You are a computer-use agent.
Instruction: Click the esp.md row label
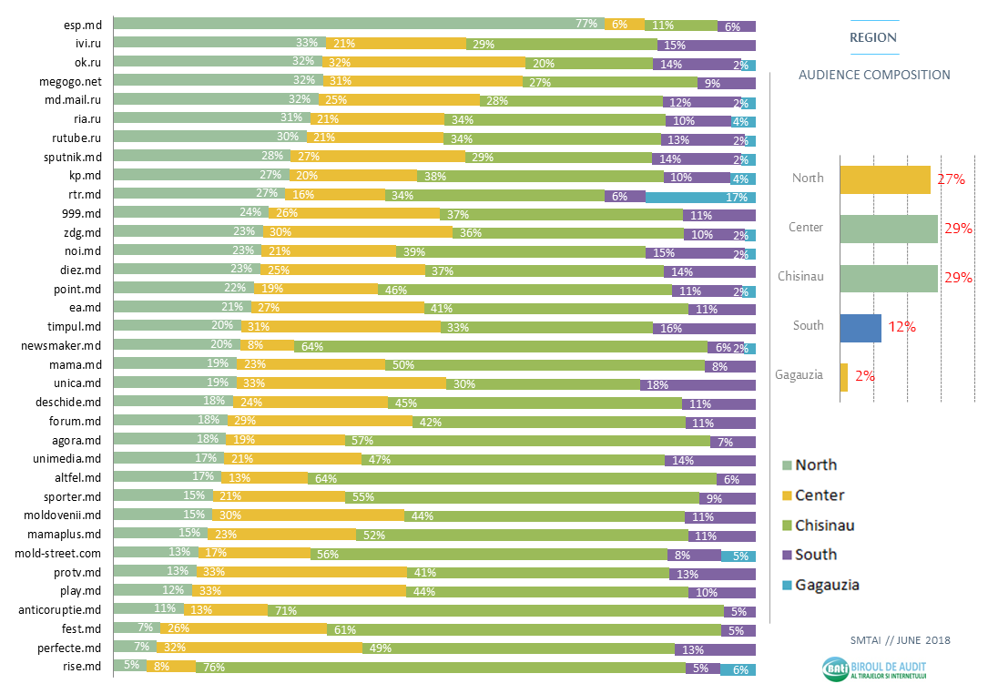(81, 26)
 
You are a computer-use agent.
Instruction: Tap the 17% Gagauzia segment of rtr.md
(700, 196)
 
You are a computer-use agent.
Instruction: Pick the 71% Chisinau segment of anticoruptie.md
(495, 611)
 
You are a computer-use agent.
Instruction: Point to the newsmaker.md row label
(61, 347)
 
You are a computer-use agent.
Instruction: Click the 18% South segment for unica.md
(698, 385)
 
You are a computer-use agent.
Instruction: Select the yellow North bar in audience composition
(884, 179)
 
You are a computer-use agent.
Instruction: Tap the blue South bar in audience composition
(861, 328)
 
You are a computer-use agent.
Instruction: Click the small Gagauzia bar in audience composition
(844, 377)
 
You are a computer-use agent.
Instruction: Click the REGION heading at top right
(872, 38)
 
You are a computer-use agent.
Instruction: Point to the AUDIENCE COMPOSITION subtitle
(874, 76)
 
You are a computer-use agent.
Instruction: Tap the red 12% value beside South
(902, 327)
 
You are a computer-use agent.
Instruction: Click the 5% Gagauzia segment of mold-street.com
(738, 555)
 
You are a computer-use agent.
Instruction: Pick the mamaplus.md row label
(64, 535)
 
